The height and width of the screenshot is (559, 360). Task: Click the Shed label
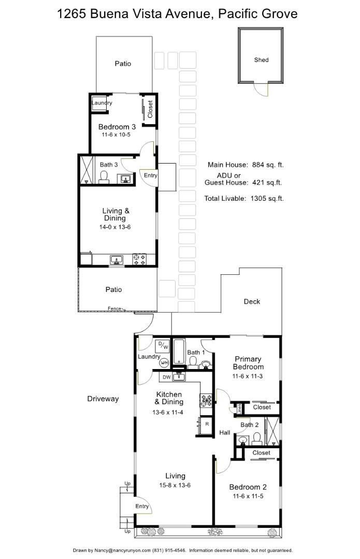[261, 60]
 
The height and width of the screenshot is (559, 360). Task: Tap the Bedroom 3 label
[117, 127]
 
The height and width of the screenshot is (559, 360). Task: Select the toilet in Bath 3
[104, 177]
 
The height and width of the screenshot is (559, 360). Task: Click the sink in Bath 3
[125, 179]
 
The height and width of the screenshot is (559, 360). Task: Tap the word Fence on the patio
[114, 309]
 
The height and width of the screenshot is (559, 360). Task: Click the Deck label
[252, 302]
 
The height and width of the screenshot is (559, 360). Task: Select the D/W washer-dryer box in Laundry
[163, 346]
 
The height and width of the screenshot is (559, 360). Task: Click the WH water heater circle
[164, 363]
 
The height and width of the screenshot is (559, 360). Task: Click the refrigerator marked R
[207, 424]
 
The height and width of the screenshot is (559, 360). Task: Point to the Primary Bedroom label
[248, 363]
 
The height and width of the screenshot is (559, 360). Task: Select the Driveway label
[103, 399]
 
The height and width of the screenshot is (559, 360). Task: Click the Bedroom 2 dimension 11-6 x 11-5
[248, 496]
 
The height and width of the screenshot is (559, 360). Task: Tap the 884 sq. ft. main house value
[268, 165]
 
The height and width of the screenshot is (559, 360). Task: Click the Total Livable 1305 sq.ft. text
[243, 198]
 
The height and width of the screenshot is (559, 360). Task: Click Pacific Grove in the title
[258, 14]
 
